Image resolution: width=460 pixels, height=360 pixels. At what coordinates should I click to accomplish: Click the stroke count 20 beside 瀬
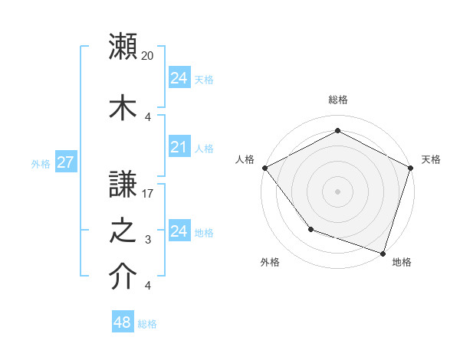click(x=148, y=56)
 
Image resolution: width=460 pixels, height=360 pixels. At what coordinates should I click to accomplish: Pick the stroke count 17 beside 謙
click(x=148, y=195)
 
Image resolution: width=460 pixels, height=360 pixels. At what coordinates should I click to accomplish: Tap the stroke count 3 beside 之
click(x=148, y=241)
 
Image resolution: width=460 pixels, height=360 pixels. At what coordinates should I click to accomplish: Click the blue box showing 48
click(x=123, y=322)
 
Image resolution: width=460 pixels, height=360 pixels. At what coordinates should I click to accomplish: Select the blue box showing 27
click(x=65, y=162)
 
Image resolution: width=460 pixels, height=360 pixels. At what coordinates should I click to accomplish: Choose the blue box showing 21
click(x=179, y=147)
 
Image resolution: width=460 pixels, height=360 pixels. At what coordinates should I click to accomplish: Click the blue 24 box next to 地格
click(x=179, y=231)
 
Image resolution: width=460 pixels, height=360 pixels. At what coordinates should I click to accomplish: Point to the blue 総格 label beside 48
click(x=147, y=324)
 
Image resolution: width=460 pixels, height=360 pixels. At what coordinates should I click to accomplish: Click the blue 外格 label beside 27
click(x=41, y=163)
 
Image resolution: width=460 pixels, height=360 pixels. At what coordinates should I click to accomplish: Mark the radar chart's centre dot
click(x=337, y=191)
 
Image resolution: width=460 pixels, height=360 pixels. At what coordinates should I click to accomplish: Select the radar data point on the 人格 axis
click(x=264, y=167)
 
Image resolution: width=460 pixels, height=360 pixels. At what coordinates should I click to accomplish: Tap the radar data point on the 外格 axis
click(x=310, y=228)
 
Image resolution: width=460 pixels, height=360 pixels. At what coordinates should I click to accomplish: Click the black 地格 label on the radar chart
click(x=402, y=262)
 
